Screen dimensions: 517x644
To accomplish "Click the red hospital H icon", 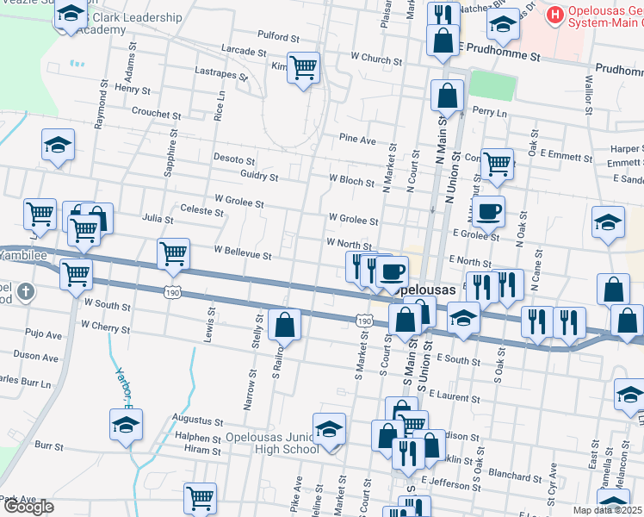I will coord(554,15).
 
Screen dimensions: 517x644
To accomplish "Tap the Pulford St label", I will coord(278,38).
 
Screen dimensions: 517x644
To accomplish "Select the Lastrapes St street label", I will coord(221,74).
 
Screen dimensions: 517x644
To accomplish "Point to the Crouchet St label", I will coord(156,113).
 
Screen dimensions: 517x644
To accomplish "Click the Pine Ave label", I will coord(357,140).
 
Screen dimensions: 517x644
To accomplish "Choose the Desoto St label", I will coord(234,160).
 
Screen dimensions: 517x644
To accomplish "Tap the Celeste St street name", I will coord(203,209).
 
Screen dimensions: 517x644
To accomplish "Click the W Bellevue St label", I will coord(243,256).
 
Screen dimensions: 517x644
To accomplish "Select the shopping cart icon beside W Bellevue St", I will coord(174,253).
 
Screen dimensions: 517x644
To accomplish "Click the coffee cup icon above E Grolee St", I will coord(488,210).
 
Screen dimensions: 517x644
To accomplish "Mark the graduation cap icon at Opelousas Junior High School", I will coord(329,427).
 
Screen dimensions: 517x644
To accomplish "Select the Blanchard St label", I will coord(514,475).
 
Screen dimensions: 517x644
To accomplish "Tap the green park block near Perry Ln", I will coord(487,86).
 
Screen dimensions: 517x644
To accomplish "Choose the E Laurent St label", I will coord(452,396).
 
